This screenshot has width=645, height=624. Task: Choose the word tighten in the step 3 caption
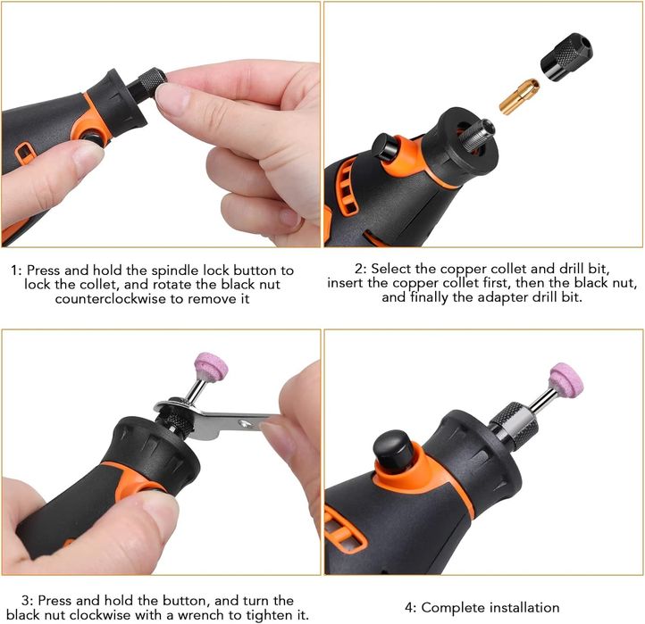266,615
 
